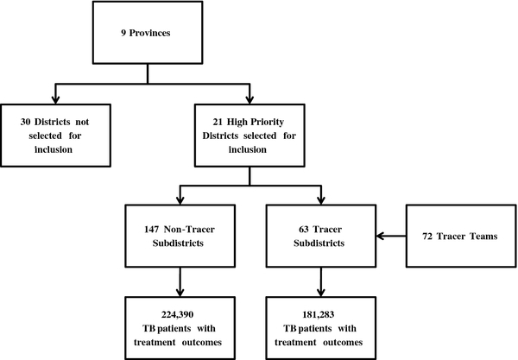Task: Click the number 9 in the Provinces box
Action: click(123, 33)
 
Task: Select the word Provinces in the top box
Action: click(149, 33)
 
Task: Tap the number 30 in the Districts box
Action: click(25, 122)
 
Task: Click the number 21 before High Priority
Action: click(218, 122)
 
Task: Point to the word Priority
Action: click(267, 123)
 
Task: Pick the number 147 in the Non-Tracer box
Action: click(152, 230)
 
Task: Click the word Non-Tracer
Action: click(189, 230)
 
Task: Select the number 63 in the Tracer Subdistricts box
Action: click(304, 230)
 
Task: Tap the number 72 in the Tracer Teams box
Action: click(427, 237)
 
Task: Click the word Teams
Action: click(483, 237)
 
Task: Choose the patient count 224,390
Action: click(177, 315)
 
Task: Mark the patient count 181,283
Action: click(319, 315)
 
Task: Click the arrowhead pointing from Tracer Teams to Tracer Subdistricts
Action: click(380, 236)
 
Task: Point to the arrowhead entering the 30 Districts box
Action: click(55, 99)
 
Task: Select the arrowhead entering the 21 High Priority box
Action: click(250, 99)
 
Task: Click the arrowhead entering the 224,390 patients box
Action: click(180, 293)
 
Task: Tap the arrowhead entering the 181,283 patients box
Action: click(321, 293)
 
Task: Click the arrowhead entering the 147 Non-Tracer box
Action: click(180, 200)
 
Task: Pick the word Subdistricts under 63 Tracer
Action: click(319, 243)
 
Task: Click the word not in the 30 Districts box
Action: click(82, 123)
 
